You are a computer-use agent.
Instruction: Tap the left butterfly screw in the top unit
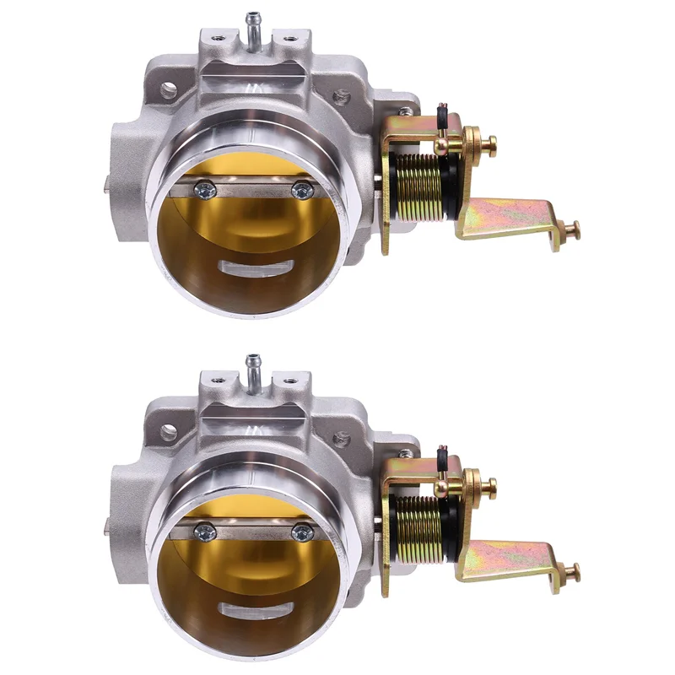tap(202, 192)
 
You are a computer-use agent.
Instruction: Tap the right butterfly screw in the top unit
tap(300, 192)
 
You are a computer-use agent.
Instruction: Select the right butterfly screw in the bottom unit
tap(300, 533)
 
